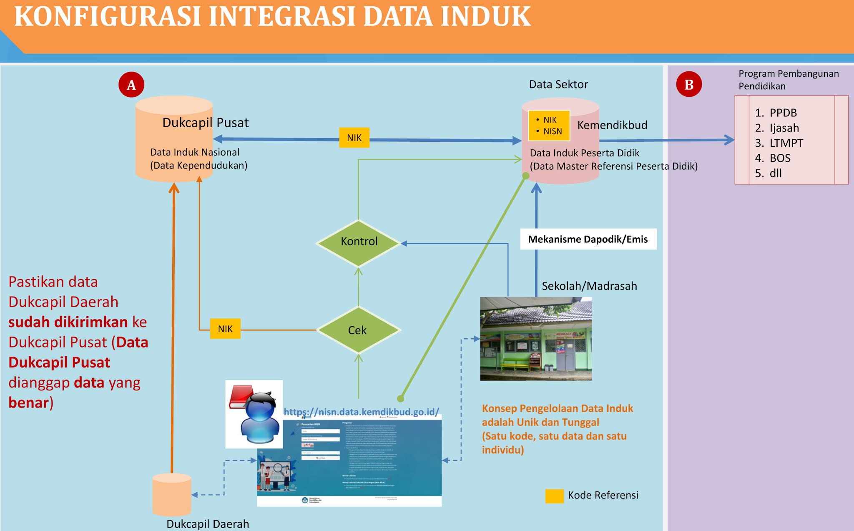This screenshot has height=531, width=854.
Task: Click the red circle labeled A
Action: (131, 85)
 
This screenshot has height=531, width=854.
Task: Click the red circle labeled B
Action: (689, 84)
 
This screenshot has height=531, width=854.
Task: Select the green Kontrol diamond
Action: (359, 242)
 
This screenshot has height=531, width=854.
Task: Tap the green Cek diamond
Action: (358, 330)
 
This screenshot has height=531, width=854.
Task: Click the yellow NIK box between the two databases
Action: (354, 138)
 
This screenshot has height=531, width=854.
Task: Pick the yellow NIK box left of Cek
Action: (225, 329)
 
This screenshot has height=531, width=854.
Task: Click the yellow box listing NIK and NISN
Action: (549, 126)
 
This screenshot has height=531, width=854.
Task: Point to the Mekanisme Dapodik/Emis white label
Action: (588, 239)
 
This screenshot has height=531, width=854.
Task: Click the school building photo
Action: (536, 339)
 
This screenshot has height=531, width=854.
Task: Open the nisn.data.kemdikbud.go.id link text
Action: (361, 412)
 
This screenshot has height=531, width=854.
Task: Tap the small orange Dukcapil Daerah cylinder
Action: (172, 495)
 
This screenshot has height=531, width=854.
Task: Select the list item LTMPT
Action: (786, 143)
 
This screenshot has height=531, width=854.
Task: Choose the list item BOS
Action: (780, 158)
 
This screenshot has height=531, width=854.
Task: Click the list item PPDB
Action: (783, 113)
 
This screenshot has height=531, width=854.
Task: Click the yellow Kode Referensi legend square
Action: (554, 496)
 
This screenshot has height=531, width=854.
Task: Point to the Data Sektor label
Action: (558, 85)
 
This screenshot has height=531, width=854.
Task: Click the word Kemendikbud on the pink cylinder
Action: (612, 125)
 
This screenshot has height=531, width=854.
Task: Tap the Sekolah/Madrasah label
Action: (589, 286)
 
